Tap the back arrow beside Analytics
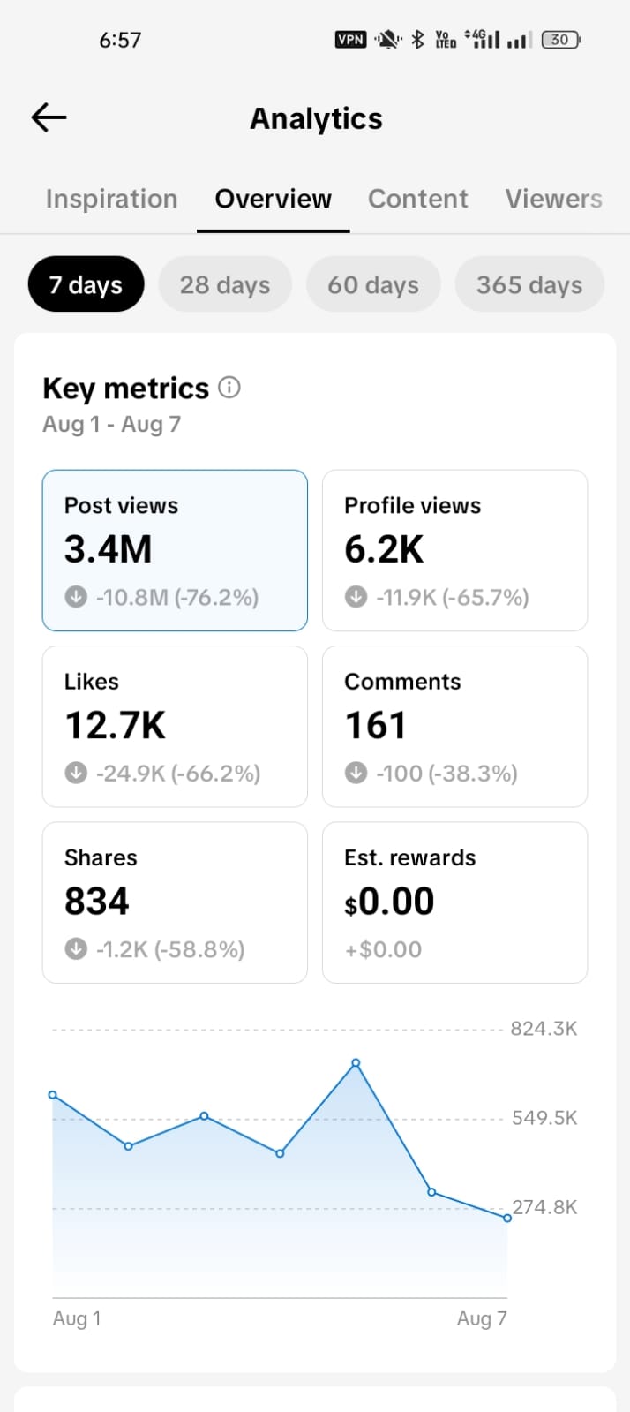click(49, 117)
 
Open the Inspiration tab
click(111, 199)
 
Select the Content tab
click(417, 199)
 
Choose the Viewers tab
click(554, 199)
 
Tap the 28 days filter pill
click(225, 284)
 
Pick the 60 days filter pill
click(373, 284)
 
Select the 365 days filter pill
click(529, 284)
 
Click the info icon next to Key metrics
click(229, 387)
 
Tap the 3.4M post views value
click(109, 549)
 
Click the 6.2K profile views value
click(384, 549)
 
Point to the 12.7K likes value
click(116, 725)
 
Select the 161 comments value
click(376, 725)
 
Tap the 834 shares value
click(97, 901)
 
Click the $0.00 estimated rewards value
click(389, 901)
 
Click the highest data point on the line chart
click(356, 1063)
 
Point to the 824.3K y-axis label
click(544, 1029)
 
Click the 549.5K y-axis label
click(544, 1118)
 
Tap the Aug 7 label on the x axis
click(482, 1318)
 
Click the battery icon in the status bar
click(560, 40)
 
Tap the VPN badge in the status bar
click(350, 40)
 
